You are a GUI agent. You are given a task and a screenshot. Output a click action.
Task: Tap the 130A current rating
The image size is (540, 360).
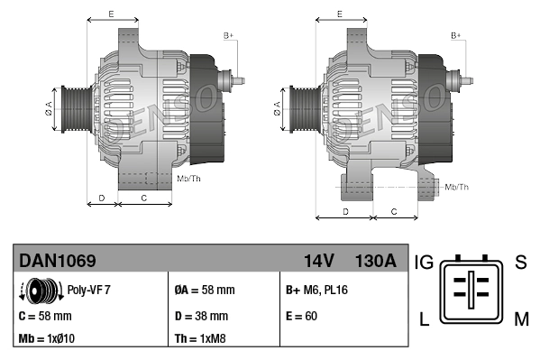(375, 261)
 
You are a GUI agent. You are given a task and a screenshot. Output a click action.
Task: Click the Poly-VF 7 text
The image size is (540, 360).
(89, 291)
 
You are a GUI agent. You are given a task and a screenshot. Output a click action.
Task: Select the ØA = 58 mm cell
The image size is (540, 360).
(204, 291)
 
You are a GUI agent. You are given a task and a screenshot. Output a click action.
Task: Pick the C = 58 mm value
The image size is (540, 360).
(44, 316)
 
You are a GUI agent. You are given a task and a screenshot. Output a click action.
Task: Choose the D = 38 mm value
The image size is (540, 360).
(200, 316)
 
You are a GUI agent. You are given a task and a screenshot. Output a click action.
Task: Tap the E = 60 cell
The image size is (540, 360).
(301, 316)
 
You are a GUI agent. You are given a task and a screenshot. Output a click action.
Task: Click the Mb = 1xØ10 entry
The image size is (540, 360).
(47, 339)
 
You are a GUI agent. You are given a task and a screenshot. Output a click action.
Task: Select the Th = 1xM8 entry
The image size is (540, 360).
(199, 339)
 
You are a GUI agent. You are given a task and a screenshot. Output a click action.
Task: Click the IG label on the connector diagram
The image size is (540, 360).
(424, 263)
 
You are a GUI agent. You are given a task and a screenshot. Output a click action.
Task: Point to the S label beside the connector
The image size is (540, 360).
(520, 263)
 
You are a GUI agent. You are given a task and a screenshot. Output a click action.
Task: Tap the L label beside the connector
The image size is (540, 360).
(424, 319)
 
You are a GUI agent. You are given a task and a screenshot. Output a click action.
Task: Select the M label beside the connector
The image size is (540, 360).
(520, 319)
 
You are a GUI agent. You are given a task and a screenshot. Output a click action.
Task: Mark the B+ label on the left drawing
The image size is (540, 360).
(228, 35)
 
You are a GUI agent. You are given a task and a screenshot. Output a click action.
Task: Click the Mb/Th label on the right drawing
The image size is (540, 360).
(457, 187)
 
